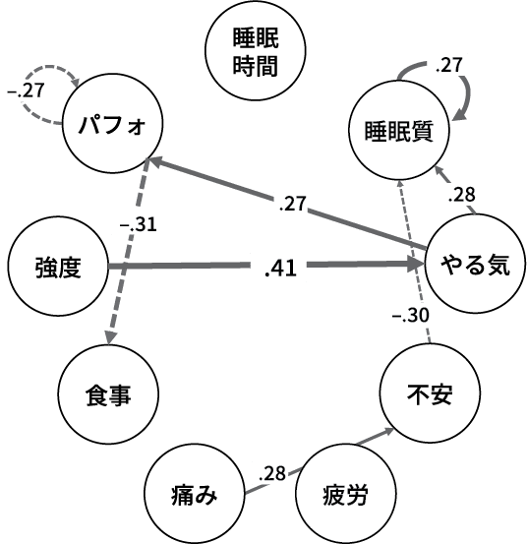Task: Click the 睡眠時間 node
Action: coord(254,52)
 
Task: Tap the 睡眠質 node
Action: coord(397,128)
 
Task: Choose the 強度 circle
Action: coord(56,266)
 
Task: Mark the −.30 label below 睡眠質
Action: coord(409,317)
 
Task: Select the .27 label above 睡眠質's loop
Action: coord(448,66)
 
